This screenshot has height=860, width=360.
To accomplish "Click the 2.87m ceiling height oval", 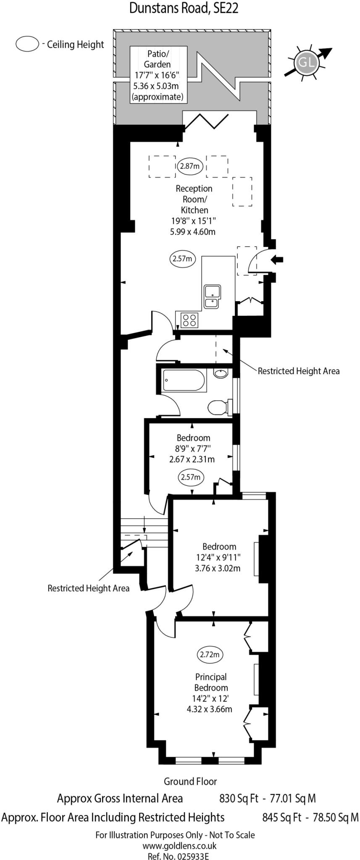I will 189,166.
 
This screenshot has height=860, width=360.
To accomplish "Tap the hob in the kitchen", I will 189,320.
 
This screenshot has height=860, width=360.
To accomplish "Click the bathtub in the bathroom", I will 184,380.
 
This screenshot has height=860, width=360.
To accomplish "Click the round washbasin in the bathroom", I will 221,373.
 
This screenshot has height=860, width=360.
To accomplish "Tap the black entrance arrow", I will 277,260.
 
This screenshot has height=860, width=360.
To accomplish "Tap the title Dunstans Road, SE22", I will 184,8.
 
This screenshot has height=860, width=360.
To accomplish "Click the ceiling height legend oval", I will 27,44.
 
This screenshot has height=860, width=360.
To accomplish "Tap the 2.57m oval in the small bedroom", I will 191,477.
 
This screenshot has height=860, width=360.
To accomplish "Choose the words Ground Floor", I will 190,781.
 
